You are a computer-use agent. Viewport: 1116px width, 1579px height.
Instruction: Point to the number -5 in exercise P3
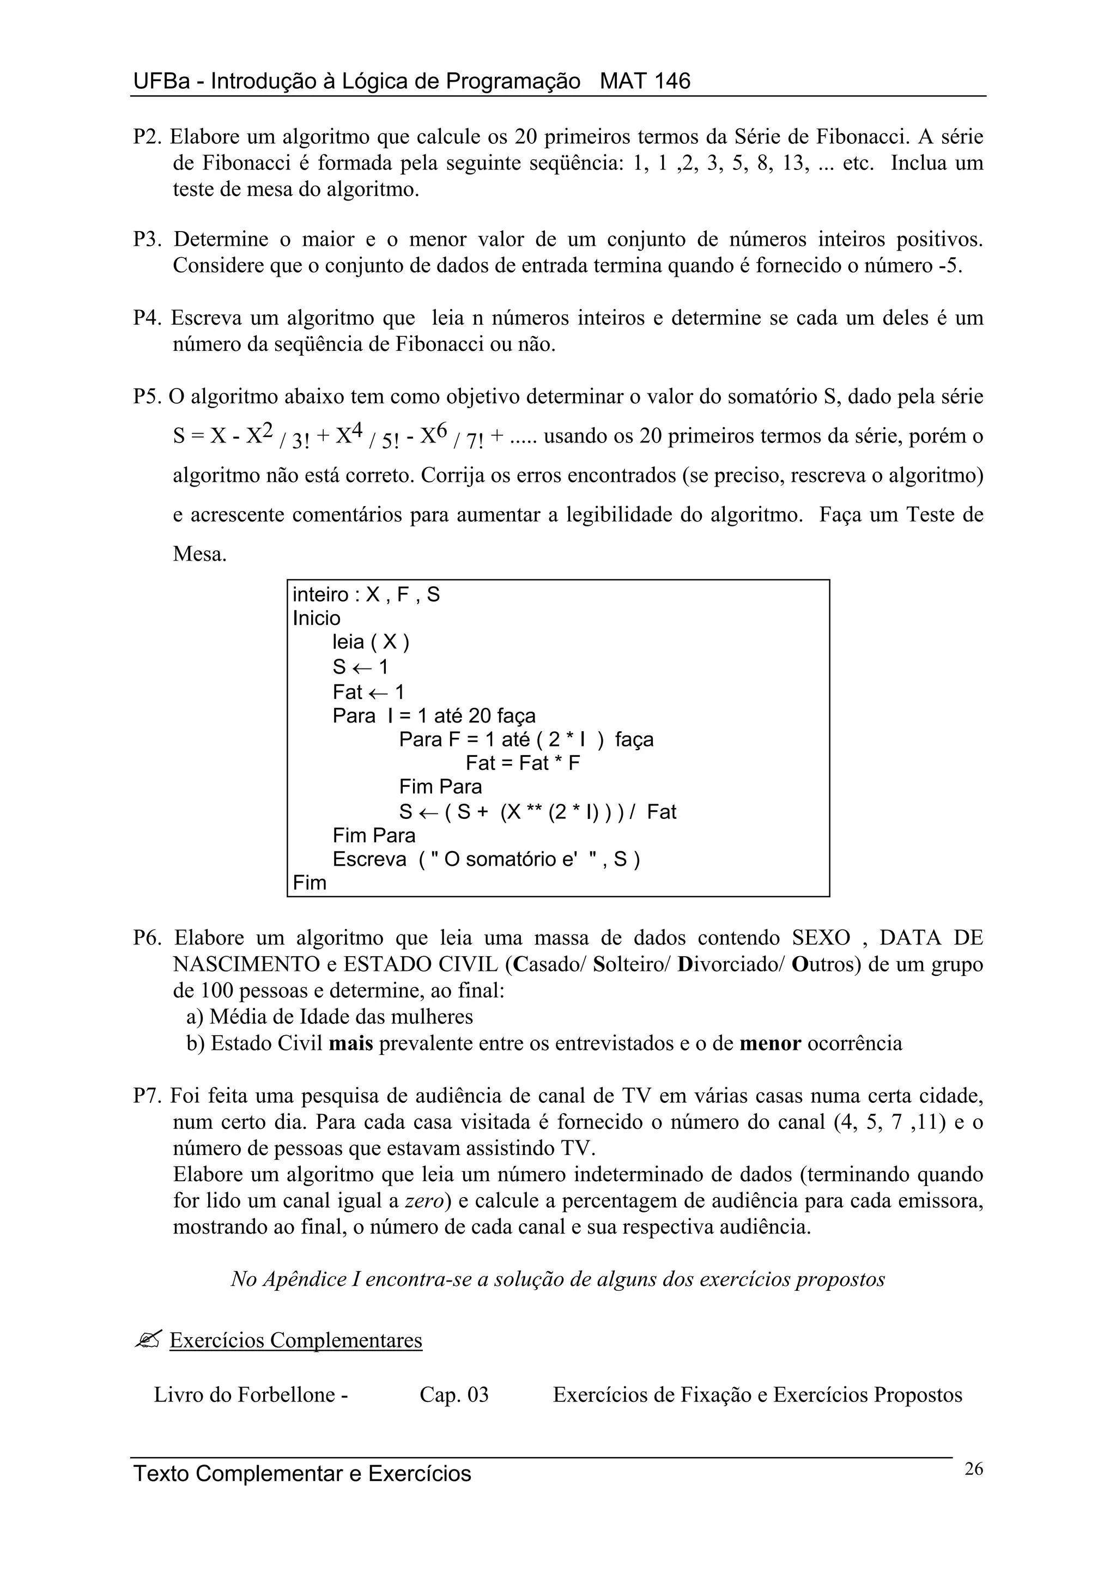point(949,265)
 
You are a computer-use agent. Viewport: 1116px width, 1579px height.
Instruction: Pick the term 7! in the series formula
point(475,440)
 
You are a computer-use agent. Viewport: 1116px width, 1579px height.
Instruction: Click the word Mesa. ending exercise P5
point(199,554)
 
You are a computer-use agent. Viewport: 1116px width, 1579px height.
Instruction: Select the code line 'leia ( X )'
point(371,642)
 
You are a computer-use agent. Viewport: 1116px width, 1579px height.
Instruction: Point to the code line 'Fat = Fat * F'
point(523,763)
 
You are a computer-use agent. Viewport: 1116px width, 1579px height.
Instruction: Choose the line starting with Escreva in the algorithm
point(486,859)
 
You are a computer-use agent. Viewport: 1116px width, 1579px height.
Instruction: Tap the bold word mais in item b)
point(351,1043)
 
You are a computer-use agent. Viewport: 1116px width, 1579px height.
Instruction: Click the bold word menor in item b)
point(770,1043)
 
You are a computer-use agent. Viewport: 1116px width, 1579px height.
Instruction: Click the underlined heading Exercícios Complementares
point(296,1340)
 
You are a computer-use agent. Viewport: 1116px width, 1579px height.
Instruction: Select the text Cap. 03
point(454,1395)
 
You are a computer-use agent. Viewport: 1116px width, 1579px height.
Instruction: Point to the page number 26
point(974,1469)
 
